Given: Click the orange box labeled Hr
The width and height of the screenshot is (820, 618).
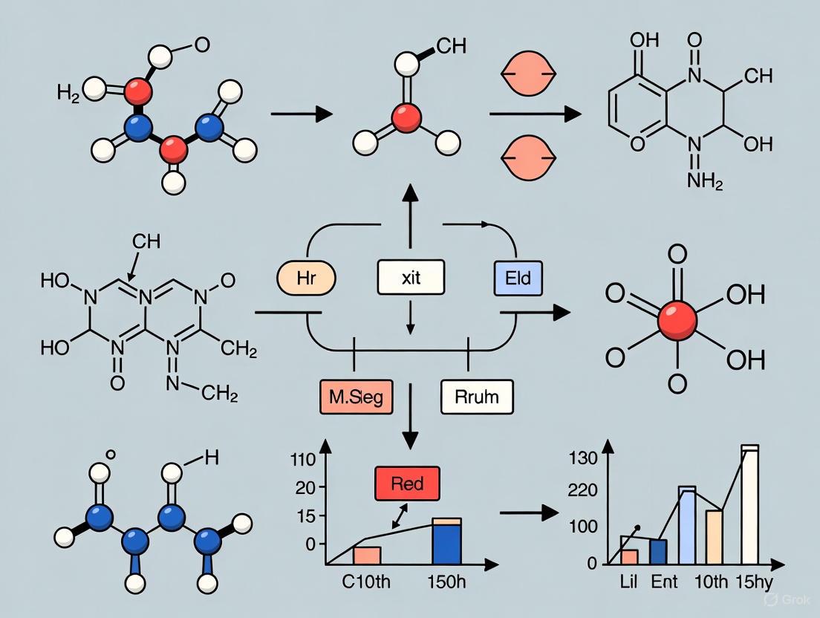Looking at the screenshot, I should click(306, 279).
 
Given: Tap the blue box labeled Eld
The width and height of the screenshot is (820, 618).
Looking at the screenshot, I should click(518, 279).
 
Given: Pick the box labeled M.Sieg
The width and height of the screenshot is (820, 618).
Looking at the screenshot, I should click(357, 397).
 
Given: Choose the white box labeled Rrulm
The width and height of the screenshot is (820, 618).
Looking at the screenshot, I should click(478, 397).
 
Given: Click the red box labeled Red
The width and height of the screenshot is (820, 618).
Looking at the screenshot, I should click(408, 484).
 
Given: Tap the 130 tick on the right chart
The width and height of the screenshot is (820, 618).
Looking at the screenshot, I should click(582, 458).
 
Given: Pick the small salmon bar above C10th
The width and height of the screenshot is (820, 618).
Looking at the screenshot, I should click(367, 556).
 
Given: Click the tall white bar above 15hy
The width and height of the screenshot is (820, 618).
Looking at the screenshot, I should click(749, 505).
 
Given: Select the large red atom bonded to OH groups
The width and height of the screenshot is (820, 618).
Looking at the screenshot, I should click(677, 320).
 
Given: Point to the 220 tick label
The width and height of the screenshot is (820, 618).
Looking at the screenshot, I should click(582, 491).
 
